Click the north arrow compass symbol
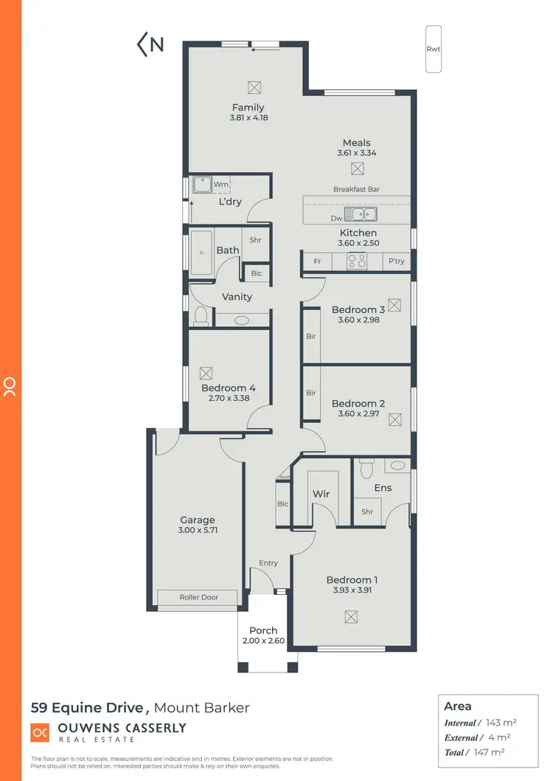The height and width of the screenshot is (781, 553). pos(150,44)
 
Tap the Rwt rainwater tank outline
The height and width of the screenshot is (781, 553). pos(434,49)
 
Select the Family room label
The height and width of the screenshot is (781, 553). pos(248,108)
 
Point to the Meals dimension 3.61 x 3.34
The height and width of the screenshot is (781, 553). pos(356,154)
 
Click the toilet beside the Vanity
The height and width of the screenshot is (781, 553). pos(201,315)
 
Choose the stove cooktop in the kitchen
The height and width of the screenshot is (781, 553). pos(357,261)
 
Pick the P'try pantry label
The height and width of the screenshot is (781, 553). pos(396,261)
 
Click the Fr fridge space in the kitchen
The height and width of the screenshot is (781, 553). pos(317,261)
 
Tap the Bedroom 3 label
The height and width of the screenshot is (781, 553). pos(358,310)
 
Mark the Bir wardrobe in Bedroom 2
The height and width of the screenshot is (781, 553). pos(311,393)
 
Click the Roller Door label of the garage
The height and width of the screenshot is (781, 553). pos(199,597)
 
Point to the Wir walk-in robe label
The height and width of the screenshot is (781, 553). pos(320,494)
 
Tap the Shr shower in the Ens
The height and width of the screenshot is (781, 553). pos(367,512)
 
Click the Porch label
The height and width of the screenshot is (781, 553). pos(263,630)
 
